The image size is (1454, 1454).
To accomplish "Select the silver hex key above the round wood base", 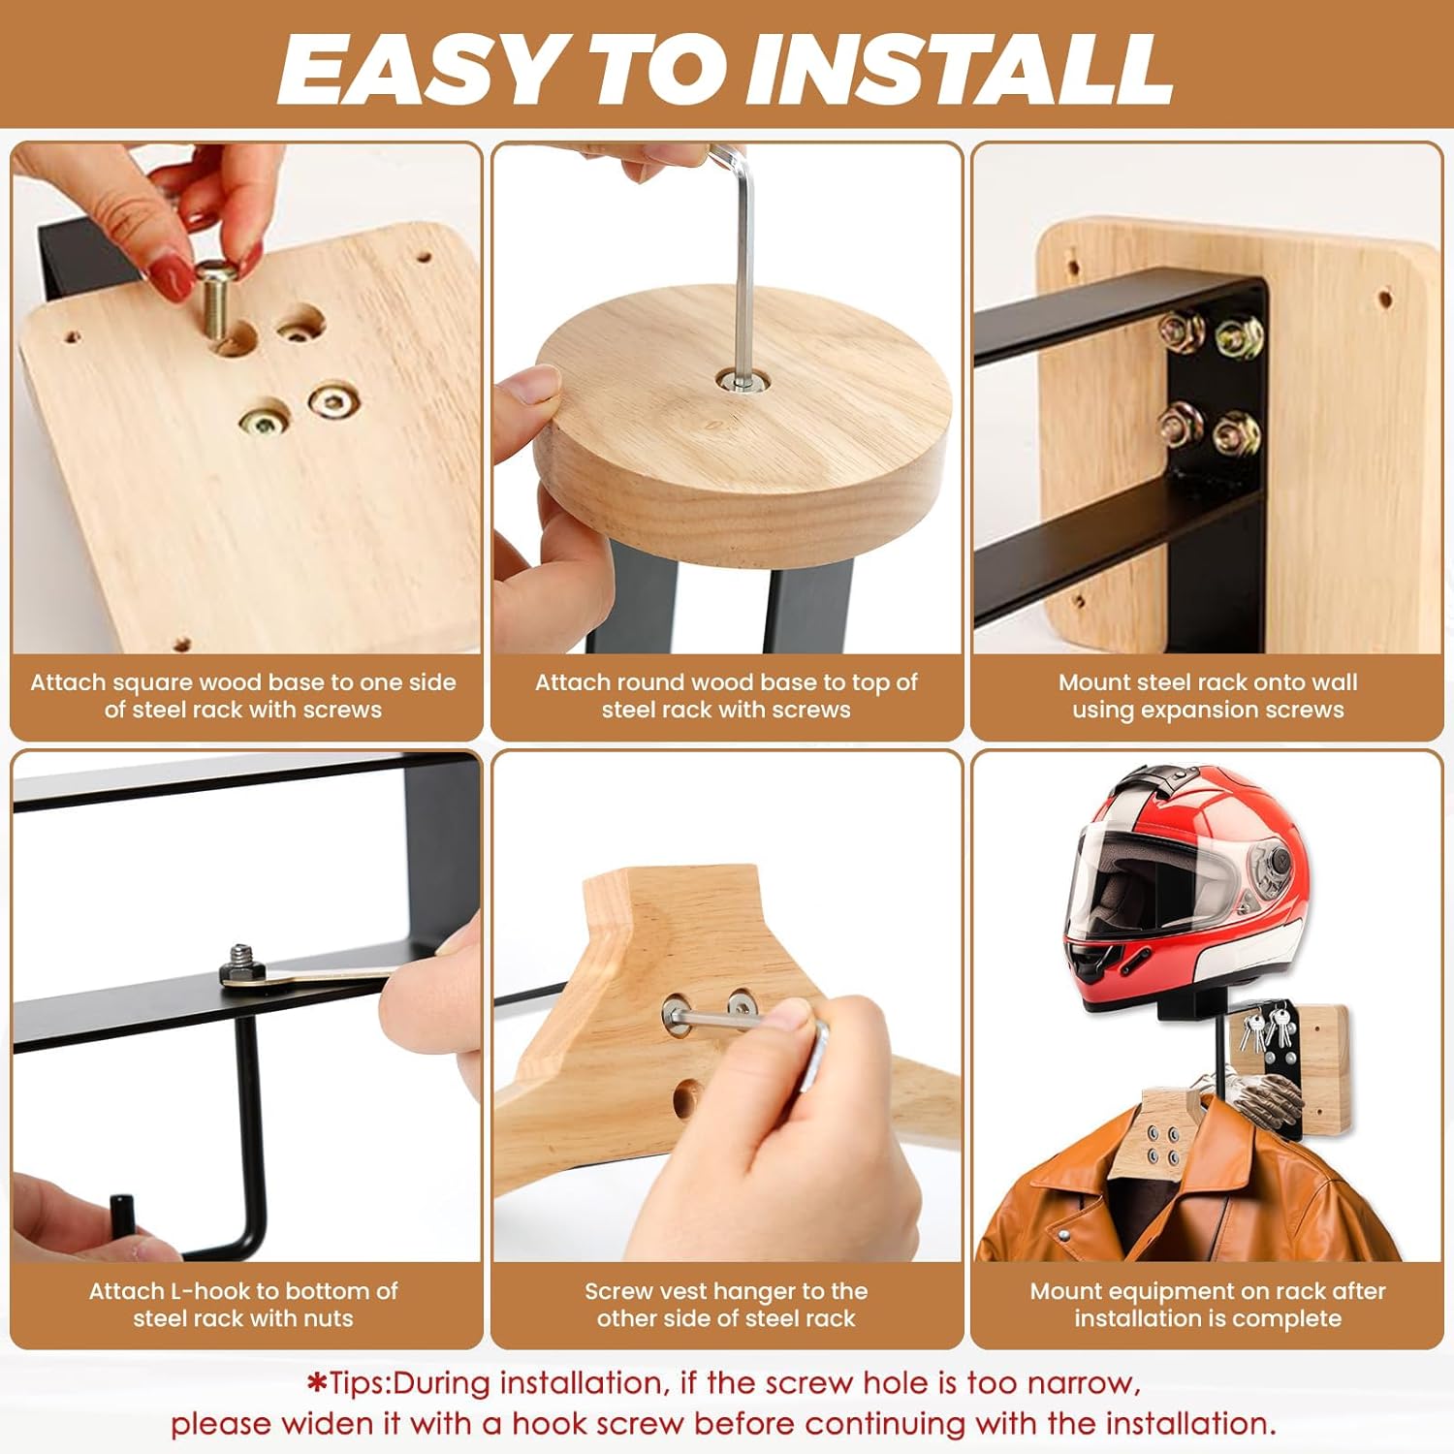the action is pos(741,262).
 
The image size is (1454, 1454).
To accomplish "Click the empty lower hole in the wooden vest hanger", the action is pos(686,1097).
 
